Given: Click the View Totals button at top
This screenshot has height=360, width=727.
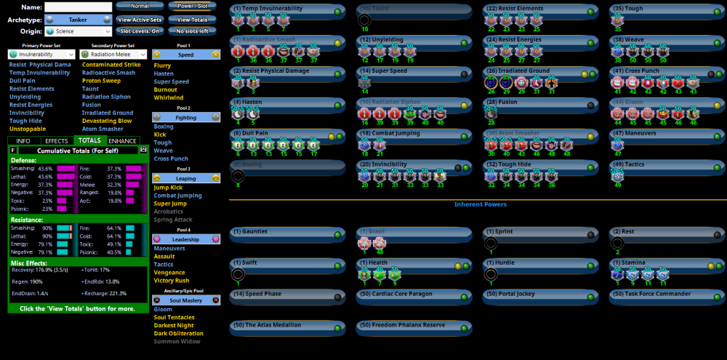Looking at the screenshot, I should click(x=192, y=20).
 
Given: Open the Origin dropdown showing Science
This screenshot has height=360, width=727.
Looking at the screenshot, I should click(x=77, y=31).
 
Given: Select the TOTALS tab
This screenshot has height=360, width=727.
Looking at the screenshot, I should click(x=89, y=140).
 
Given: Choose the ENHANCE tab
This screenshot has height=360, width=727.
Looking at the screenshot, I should click(x=123, y=140).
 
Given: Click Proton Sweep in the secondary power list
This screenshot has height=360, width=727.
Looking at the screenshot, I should click(x=101, y=81).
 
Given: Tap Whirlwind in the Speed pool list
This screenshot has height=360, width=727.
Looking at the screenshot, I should click(x=169, y=97).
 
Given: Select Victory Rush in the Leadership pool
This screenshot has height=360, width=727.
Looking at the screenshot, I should click(x=172, y=280).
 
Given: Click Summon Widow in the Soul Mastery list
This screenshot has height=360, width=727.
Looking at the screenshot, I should click(x=177, y=341).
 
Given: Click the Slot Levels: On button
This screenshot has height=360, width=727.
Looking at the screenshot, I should click(x=140, y=31).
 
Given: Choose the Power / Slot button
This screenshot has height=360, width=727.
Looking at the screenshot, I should click(x=192, y=6).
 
